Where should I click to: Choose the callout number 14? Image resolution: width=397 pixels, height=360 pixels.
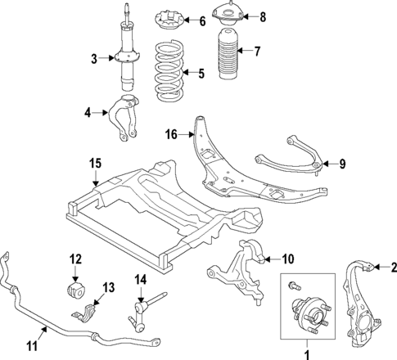pyautogui.click(x=140, y=279)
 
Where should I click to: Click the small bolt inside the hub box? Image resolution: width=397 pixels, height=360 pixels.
pyautogui.click(x=294, y=287)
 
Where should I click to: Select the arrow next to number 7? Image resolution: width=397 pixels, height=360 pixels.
pyautogui.click(x=243, y=52)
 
